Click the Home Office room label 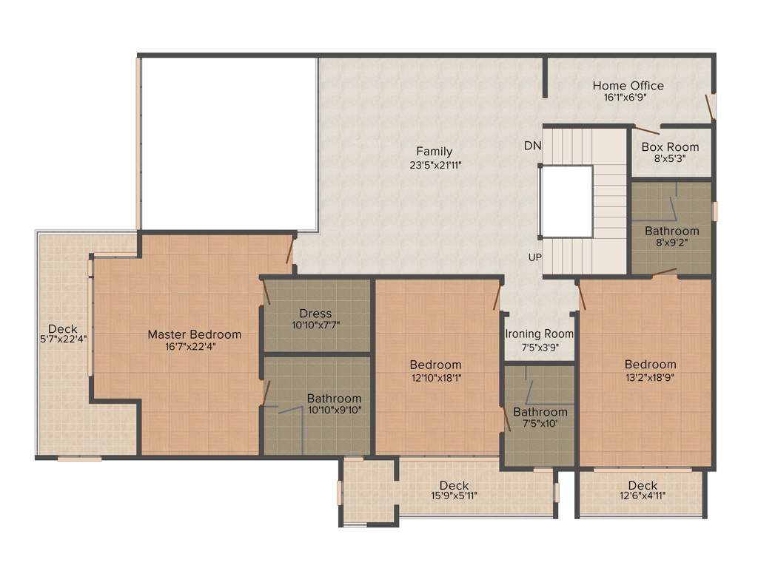(x=628, y=86)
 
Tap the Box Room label (x=670, y=147)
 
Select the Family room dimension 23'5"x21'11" (x=434, y=165)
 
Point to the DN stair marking (x=532, y=146)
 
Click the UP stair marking (x=533, y=257)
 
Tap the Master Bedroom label (x=194, y=334)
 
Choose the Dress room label (x=315, y=314)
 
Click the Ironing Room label (x=540, y=334)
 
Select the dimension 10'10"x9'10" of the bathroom (x=335, y=410)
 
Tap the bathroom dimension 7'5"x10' (x=540, y=424)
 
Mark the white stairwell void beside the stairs (x=566, y=201)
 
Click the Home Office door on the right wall (x=711, y=106)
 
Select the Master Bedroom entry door (x=290, y=250)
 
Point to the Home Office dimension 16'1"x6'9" (x=628, y=97)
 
